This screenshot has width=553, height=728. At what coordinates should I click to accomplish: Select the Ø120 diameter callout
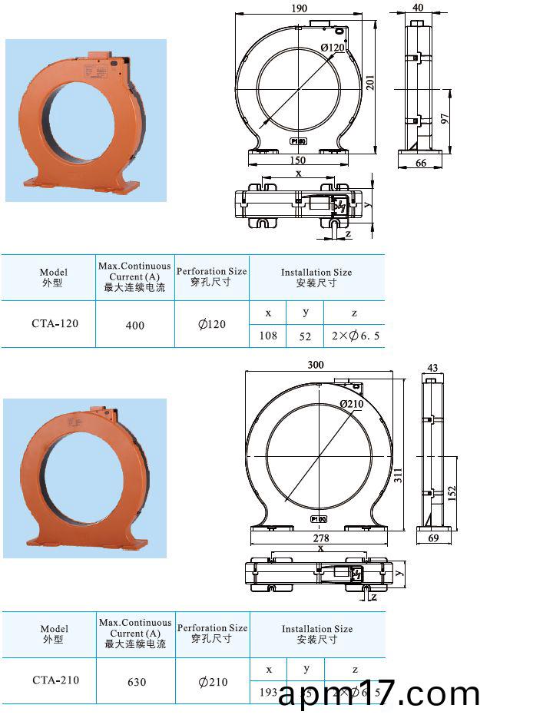coord(333,48)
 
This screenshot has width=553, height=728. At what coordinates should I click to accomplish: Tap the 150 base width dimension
coord(298,160)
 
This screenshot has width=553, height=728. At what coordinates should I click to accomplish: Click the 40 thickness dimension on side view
coord(418,8)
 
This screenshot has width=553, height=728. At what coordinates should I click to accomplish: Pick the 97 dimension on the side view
coord(444,120)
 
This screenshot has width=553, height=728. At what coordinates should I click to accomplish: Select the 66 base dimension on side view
coord(420,164)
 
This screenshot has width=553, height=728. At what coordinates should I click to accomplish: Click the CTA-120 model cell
coord(55,323)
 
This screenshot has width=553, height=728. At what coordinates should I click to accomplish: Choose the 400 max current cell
coord(134,326)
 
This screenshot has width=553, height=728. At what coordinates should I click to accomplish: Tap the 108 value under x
coord(268,336)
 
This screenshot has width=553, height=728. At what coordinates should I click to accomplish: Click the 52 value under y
coord(305,336)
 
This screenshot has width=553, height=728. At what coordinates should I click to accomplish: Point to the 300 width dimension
coord(316,365)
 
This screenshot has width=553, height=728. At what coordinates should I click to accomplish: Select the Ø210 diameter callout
coord(351,404)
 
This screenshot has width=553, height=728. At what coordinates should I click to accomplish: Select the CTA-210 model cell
coord(55,680)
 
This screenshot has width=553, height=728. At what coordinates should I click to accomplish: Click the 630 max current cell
coord(135,682)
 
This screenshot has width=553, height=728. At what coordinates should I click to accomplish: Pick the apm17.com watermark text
coord(379,695)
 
